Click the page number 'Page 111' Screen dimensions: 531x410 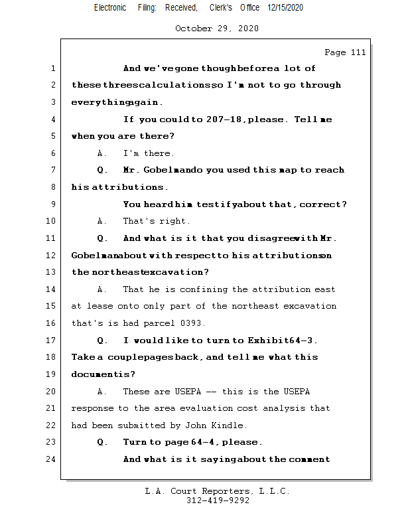345,52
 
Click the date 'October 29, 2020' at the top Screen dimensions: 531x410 216,29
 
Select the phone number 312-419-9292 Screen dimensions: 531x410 218,500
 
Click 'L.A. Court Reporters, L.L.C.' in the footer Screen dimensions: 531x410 217,491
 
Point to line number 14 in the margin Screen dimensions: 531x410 52,289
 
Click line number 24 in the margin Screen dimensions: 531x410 52,459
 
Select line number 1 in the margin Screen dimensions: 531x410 52,68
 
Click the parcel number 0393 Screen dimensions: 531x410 176,323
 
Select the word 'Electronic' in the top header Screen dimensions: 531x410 110,7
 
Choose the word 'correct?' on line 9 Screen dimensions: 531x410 323,204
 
